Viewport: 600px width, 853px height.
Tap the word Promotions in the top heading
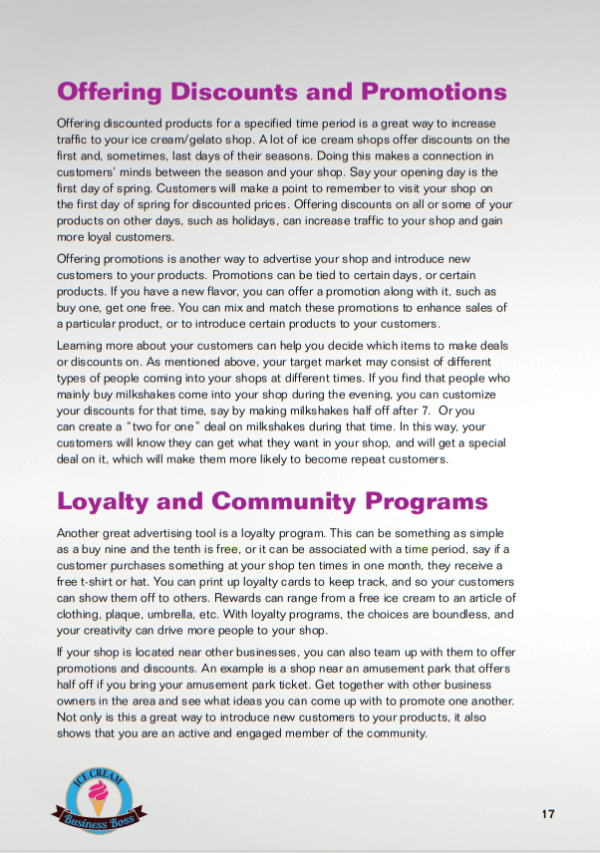click(434, 93)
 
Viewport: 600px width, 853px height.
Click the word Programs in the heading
click(426, 500)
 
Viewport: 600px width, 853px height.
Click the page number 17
click(548, 814)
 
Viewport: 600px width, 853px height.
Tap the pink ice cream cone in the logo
click(99, 798)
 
